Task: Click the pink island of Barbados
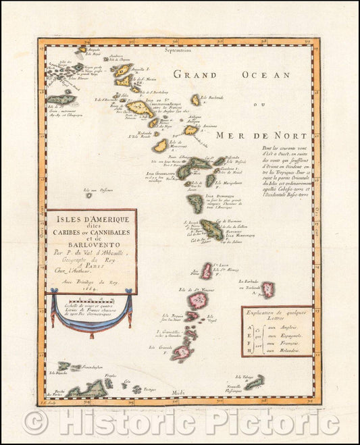pyautogui.click(x=268, y=289)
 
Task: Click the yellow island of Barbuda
pyautogui.click(x=195, y=100)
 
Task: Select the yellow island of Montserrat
pyautogui.click(x=160, y=145)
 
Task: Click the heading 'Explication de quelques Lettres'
pyautogui.click(x=278, y=315)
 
